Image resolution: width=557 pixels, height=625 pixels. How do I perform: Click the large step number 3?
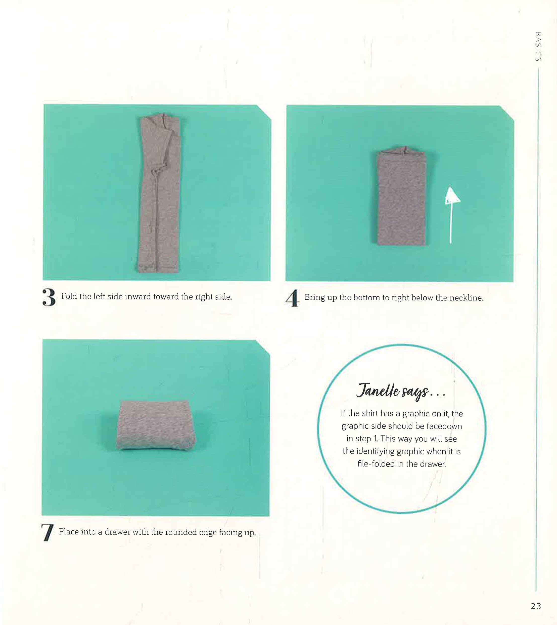(x=49, y=297)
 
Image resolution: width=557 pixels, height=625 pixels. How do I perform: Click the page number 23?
(x=536, y=606)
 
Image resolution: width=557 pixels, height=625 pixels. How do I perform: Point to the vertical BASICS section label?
(x=538, y=47)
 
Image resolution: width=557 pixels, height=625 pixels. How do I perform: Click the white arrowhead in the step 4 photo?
(x=452, y=196)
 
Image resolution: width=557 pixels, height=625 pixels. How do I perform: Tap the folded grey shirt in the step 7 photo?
(x=156, y=425)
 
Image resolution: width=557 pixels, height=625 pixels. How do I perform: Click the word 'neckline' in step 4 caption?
(x=466, y=298)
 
